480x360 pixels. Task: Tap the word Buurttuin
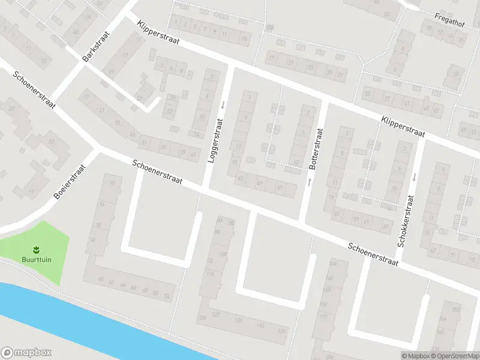coord(35,260)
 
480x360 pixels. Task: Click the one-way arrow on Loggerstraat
coord(223,106)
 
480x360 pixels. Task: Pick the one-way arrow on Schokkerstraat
coord(414,176)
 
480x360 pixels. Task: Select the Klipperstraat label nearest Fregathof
coord(402,128)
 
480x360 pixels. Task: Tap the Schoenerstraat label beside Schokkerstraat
coord(373,254)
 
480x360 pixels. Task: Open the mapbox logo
coord(26,353)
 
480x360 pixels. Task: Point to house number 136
coord(202,317)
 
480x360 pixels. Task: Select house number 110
coord(211,274)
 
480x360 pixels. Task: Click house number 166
coord(334,264)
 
